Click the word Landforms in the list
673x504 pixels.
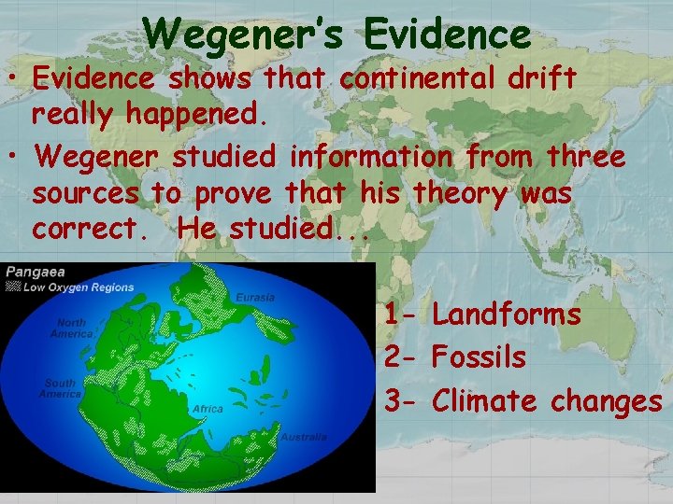[507, 315]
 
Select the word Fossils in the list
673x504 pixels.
[480, 357]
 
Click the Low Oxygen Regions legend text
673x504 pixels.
[78, 287]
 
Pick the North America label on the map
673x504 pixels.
[70, 329]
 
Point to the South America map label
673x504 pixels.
[61, 388]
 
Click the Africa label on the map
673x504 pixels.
[208, 409]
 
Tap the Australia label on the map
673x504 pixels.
[305, 437]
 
